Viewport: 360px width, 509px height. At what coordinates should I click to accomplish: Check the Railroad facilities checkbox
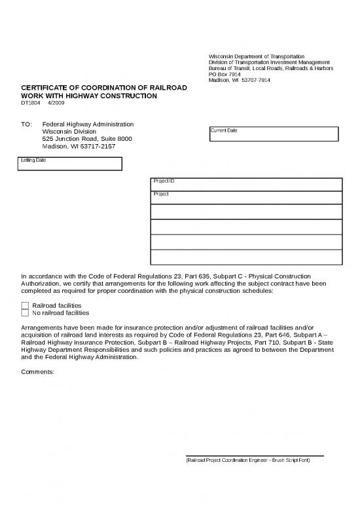tap(26, 305)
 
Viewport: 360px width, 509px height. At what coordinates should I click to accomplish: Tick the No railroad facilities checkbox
tap(26, 313)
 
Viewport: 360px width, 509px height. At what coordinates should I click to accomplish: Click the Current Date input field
tap(274, 134)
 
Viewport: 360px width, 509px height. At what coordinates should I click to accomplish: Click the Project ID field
tap(246, 184)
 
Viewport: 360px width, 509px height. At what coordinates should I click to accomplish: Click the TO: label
tap(27, 124)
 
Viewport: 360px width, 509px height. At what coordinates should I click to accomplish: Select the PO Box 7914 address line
tap(225, 74)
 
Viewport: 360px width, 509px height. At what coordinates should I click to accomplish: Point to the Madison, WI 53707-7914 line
tap(239, 81)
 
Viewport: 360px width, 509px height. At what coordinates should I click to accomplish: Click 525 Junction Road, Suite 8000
tap(87, 139)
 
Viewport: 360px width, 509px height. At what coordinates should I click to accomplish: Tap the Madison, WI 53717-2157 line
tap(79, 147)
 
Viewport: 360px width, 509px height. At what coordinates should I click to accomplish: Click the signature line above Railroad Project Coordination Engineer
tap(255, 455)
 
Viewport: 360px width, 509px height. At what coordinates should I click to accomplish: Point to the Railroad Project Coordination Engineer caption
tap(248, 461)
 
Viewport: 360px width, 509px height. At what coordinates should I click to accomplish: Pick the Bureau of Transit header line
tap(270, 68)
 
